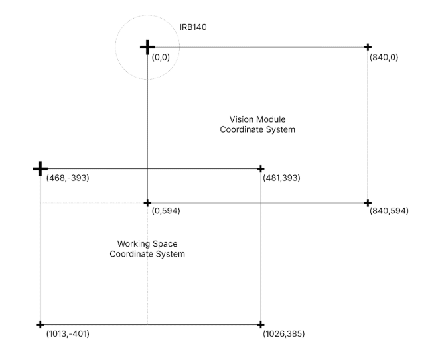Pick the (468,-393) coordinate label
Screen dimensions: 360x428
pos(67,178)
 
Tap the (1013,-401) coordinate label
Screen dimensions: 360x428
pos(67,333)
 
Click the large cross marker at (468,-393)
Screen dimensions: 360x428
pos(40,169)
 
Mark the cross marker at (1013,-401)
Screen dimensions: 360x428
pos(40,324)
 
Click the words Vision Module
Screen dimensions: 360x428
pos(257,120)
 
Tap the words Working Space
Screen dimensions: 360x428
pos(147,244)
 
